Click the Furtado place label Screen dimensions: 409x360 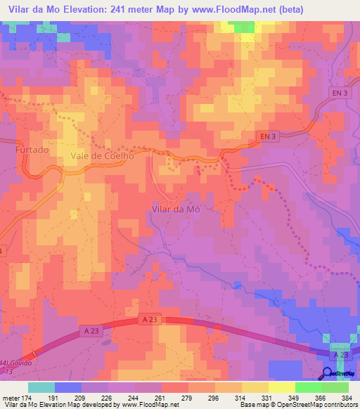click(x=32, y=150)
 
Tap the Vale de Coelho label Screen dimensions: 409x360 click(x=103, y=157)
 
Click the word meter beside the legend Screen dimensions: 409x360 click(x=10, y=398)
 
